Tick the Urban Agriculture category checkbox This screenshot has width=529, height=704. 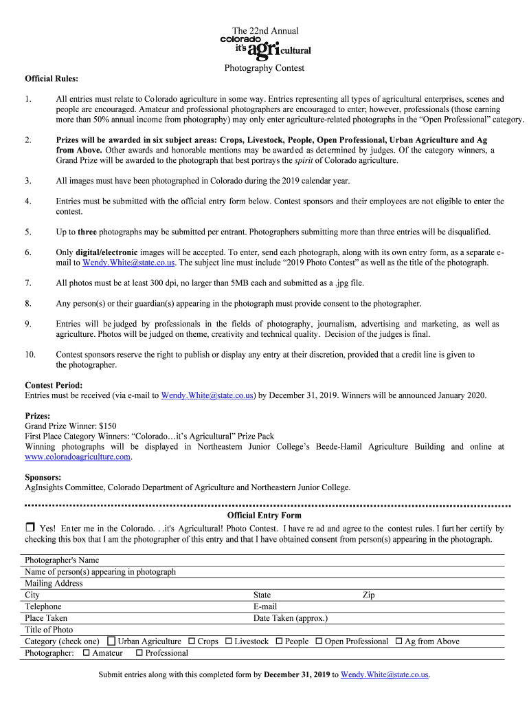(x=112, y=641)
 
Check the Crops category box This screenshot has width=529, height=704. (x=192, y=641)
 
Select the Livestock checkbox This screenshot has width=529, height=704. (x=229, y=641)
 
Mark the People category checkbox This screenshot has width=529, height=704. (x=280, y=641)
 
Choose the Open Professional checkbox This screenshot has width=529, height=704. (x=319, y=641)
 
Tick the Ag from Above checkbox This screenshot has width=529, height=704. (x=398, y=641)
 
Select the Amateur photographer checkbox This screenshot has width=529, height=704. (x=86, y=653)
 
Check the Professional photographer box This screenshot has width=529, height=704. (x=139, y=653)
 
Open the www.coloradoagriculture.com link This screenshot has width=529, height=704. (x=78, y=456)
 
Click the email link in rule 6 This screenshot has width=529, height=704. (x=128, y=263)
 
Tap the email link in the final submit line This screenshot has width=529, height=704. (x=385, y=674)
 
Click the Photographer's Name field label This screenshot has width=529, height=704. (x=62, y=560)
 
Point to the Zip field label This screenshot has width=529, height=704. (x=368, y=595)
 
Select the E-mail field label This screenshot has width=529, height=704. (x=265, y=606)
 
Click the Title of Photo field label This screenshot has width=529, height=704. (x=49, y=630)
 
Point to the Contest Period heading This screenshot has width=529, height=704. (x=54, y=385)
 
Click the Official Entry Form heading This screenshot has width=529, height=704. (x=264, y=515)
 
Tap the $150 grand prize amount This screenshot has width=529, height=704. (x=107, y=426)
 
